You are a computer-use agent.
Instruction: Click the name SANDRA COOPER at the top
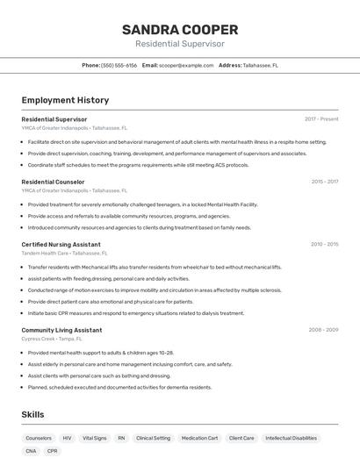click(x=180, y=29)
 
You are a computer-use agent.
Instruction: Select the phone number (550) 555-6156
click(x=119, y=65)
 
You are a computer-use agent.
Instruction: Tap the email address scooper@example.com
click(x=186, y=65)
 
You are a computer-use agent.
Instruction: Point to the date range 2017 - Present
click(x=321, y=118)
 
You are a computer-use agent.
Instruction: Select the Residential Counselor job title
click(x=53, y=182)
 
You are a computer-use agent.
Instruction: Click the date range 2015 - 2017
click(x=324, y=182)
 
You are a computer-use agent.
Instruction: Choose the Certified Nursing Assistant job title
click(x=61, y=244)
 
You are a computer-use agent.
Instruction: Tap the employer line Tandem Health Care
click(x=53, y=253)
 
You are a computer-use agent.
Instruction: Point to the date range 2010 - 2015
click(x=324, y=244)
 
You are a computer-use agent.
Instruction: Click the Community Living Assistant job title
click(x=61, y=330)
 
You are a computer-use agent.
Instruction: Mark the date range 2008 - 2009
click(x=323, y=330)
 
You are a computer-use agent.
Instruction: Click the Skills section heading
click(x=32, y=414)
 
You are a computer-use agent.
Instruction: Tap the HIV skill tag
click(x=67, y=438)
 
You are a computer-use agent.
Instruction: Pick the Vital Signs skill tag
click(x=94, y=438)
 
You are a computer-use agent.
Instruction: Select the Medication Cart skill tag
click(x=199, y=438)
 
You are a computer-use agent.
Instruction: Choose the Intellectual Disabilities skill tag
click(x=291, y=438)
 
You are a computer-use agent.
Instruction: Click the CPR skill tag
click(x=53, y=451)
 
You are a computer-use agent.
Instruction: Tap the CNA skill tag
click(x=31, y=451)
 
